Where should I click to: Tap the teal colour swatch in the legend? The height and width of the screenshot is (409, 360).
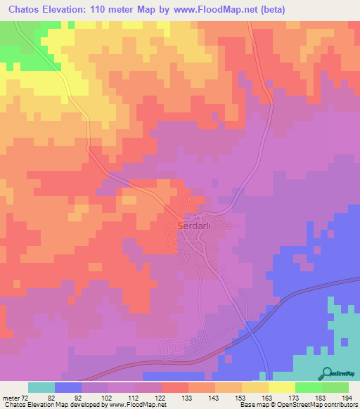(x=41, y=387)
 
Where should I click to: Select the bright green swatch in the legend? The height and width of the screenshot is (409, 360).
(x=308, y=387)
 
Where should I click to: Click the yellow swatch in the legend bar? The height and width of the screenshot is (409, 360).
(x=281, y=387)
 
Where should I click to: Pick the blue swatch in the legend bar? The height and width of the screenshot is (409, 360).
(x=68, y=387)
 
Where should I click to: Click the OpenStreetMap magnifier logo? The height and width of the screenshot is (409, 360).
(x=326, y=373)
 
